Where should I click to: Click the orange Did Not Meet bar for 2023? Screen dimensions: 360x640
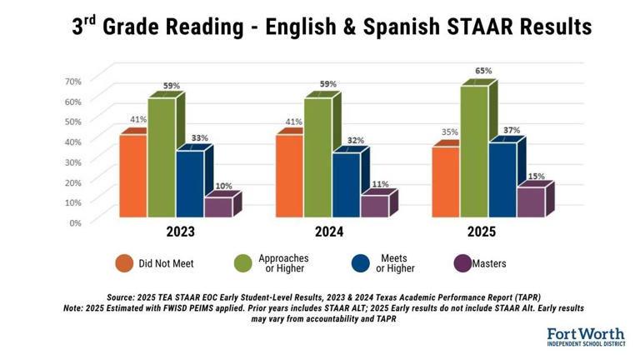coord(133,176)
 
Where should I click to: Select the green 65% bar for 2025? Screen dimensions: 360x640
coord(474,152)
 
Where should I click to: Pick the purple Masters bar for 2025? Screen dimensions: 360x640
coord(530,202)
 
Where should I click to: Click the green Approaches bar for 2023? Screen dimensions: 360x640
coord(162,157)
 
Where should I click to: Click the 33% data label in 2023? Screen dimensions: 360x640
coord(199,137)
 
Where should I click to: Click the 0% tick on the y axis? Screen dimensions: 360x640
coord(74,222)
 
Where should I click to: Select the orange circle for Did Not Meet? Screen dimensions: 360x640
coord(125,263)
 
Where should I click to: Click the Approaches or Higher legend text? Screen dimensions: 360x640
coord(281,263)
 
